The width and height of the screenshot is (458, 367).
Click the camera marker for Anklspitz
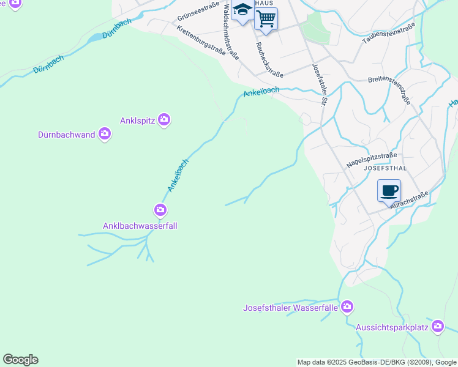pos(163,119)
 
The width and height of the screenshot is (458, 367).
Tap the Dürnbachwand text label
pos(66,135)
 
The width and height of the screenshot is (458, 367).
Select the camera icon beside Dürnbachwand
pos(105,133)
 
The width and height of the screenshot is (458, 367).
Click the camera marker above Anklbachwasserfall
pos(160,211)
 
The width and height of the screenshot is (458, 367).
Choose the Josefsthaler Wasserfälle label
pos(290,307)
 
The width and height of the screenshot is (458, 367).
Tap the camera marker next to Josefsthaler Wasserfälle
pos(347,306)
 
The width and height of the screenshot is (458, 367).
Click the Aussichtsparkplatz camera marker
pos(437,327)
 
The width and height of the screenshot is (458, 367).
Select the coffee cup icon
pos(389,190)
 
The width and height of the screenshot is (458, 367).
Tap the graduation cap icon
pos(243,12)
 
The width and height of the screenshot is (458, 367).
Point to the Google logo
pos(20,360)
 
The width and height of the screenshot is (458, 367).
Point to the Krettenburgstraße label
pos(201,40)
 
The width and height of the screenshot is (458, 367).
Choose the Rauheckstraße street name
pos(269,59)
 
